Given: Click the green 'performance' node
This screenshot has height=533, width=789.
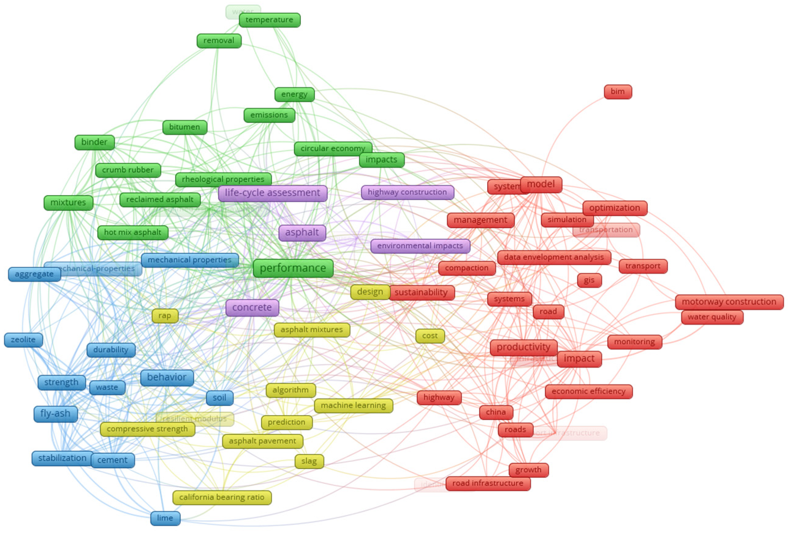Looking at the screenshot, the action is (x=293, y=269).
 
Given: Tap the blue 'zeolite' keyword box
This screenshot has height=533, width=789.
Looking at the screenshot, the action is (x=23, y=340).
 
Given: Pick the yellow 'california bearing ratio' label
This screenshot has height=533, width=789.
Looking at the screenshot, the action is (x=222, y=498).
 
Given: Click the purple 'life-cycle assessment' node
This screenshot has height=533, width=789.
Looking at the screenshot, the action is (x=272, y=193).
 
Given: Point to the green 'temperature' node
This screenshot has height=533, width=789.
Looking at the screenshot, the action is (x=269, y=20).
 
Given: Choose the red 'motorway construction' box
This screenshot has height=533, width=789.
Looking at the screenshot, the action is (x=729, y=302).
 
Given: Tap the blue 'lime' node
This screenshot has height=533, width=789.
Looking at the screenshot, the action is (x=165, y=518).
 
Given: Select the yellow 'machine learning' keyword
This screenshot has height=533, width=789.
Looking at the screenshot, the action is (x=353, y=405).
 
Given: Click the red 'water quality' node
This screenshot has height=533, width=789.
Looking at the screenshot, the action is (x=712, y=317).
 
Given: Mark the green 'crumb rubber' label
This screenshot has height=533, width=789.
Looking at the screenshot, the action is (x=128, y=170).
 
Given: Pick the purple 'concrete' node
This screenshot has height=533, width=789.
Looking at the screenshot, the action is (x=252, y=307).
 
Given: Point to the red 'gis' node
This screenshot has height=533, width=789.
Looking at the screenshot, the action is (x=589, y=280).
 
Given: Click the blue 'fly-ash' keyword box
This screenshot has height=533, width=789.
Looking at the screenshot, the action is (x=55, y=414).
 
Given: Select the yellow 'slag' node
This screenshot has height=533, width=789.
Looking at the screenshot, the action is (x=309, y=461).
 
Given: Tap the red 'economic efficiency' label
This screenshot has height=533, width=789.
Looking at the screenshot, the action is (x=588, y=391).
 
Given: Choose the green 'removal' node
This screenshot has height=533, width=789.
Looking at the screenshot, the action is (x=219, y=41).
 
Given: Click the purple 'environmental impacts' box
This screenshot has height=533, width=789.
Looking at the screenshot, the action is (x=420, y=246).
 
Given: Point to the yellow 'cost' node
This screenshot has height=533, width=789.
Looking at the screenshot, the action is (x=430, y=336).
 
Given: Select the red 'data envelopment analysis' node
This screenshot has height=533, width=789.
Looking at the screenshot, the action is (x=554, y=257).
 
